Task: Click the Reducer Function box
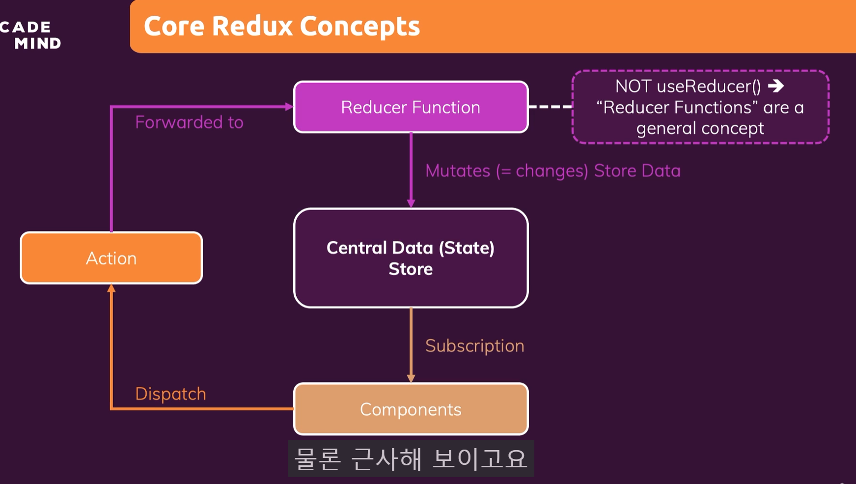point(411,107)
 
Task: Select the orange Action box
point(111,258)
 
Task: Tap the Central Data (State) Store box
point(411,258)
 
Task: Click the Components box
point(411,409)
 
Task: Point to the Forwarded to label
point(189,122)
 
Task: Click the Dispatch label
point(170,394)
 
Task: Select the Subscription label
point(474,346)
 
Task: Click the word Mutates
point(458,171)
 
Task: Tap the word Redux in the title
point(252,26)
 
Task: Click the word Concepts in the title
point(359,26)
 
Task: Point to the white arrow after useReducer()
point(776,86)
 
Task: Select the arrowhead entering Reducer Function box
point(289,107)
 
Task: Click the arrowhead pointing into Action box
point(111,288)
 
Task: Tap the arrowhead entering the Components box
point(411,378)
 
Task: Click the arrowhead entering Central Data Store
point(411,203)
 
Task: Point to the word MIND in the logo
point(38,44)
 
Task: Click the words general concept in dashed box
point(700,129)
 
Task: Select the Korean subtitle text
point(411,459)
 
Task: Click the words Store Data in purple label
point(637,171)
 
